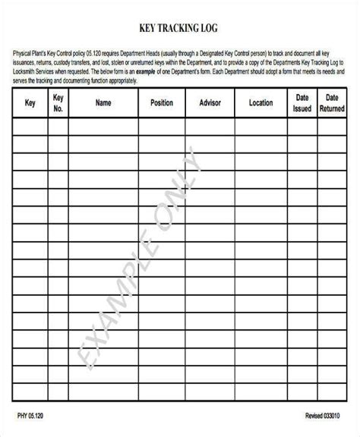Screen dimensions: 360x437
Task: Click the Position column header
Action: (161, 102)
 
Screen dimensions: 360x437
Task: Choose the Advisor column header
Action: (210, 102)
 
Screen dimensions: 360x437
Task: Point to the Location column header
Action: (261, 102)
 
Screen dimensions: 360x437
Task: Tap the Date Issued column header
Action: (302, 102)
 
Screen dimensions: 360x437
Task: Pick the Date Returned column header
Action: (332, 102)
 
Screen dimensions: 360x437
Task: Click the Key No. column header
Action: (58, 102)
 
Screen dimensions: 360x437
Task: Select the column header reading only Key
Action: (30, 102)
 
